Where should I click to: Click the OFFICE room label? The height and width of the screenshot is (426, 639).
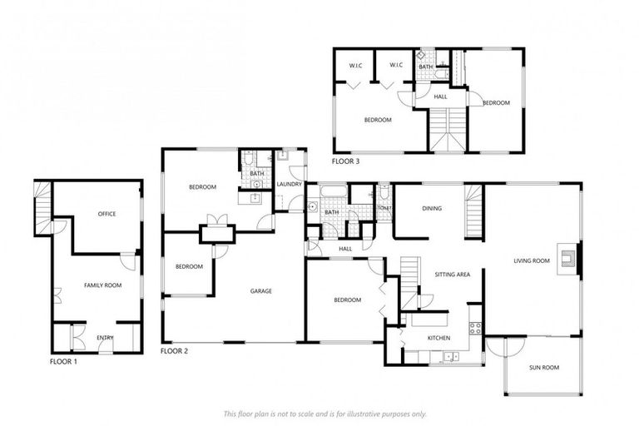(x=106, y=214)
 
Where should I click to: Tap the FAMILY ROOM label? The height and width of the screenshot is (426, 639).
(x=102, y=285)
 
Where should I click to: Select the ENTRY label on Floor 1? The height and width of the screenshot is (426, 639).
(x=105, y=337)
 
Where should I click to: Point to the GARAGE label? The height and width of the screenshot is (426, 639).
(x=261, y=290)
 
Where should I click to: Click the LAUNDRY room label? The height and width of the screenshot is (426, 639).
(x=289, y=185)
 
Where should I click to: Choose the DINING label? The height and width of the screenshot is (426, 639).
(x=431, y=209)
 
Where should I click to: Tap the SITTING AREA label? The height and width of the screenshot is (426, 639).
(x=453, y=274)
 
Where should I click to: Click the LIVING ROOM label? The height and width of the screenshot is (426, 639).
(x=532, y=261)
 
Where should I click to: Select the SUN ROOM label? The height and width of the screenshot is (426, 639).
(x=544, y=367)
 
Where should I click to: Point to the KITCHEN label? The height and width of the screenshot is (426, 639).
(x=438, y=338)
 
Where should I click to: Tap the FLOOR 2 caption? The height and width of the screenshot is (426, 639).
(x=174, y=351)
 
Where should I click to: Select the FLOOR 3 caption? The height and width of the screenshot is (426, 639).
(x=345, y=161)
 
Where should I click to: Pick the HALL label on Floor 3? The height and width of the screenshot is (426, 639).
(x=440, y=97)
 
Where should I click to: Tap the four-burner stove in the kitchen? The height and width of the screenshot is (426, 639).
(x=475, y=328)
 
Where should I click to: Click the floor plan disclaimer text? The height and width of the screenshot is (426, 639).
(x=324, y=413)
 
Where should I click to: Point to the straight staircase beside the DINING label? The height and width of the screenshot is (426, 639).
(x=473, y=212)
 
